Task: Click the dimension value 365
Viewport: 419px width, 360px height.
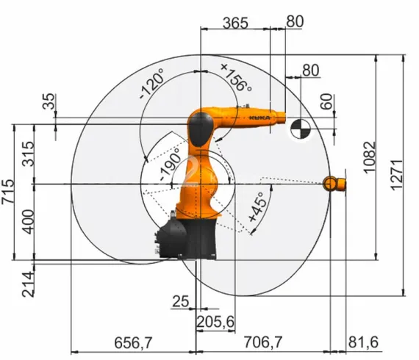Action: point(235,22)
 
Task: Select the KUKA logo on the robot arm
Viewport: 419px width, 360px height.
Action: point(259,116)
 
